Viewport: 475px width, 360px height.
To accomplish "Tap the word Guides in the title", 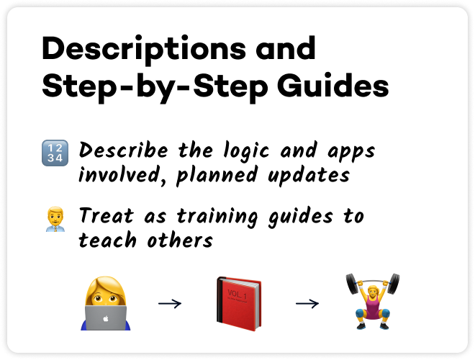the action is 332,86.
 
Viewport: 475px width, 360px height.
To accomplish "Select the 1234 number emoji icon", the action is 55,153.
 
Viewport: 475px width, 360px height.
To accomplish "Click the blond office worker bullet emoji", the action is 55,219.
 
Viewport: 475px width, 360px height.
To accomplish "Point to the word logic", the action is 246,150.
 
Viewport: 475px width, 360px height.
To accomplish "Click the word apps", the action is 351,152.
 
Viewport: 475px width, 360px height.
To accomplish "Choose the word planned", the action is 217,176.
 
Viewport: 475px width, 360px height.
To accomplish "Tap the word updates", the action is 309,176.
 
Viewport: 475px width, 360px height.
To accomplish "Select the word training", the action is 217,217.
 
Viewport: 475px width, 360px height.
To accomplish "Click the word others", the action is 180,240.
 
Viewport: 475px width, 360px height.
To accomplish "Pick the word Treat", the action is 106,215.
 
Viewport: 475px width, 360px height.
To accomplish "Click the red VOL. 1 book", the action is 239,304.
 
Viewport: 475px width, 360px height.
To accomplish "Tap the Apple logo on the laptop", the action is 106,318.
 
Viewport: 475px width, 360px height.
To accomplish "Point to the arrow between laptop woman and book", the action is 170,303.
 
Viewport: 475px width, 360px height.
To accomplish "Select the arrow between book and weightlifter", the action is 307,303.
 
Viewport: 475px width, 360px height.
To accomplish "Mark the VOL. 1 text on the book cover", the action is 237,294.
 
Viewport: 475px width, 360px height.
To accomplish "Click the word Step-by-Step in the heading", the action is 155,87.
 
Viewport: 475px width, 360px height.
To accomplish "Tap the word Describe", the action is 123,150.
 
